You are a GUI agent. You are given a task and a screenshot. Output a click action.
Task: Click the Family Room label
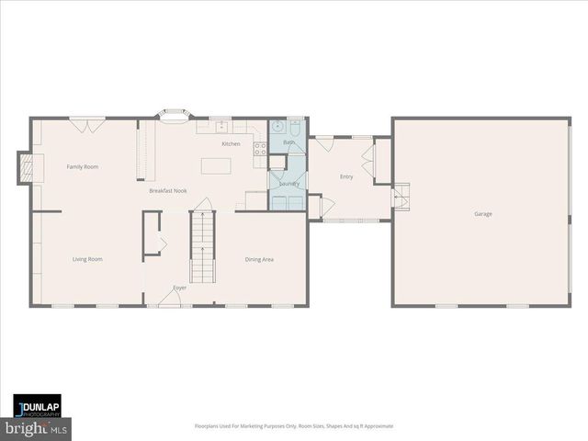coord(83,166)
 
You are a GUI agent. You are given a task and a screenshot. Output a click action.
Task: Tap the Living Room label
coord(87,259)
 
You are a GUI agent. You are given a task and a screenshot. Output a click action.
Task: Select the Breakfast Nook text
coord(168,190)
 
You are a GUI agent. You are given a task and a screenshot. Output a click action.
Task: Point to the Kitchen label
coord(231,144)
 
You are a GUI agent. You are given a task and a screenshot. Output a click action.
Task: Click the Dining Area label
coord(259,259)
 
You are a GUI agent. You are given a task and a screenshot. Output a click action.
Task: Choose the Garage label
coord(482,214)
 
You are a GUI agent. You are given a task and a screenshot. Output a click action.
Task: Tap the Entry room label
coord(346,176)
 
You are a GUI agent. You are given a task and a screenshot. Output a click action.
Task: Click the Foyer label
coord(179,288)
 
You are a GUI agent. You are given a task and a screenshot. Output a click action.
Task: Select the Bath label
coord(288,142)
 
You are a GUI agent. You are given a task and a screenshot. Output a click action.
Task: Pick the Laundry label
coord(289,184)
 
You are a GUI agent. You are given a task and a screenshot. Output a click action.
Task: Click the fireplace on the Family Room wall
coord(28,167)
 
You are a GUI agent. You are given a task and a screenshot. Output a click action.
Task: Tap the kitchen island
coord(215,166)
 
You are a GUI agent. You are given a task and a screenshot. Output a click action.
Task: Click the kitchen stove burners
coord(260,147)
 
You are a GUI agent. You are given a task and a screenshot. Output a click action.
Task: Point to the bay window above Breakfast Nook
coord(173,114)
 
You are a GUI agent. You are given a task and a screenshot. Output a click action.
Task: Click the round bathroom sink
coord(278,128)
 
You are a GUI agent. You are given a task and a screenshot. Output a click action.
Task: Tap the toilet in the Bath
coord(295,128)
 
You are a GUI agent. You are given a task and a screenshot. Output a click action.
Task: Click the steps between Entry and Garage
coord(401,197)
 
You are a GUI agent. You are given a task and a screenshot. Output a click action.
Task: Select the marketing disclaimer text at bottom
coord(293,426)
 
